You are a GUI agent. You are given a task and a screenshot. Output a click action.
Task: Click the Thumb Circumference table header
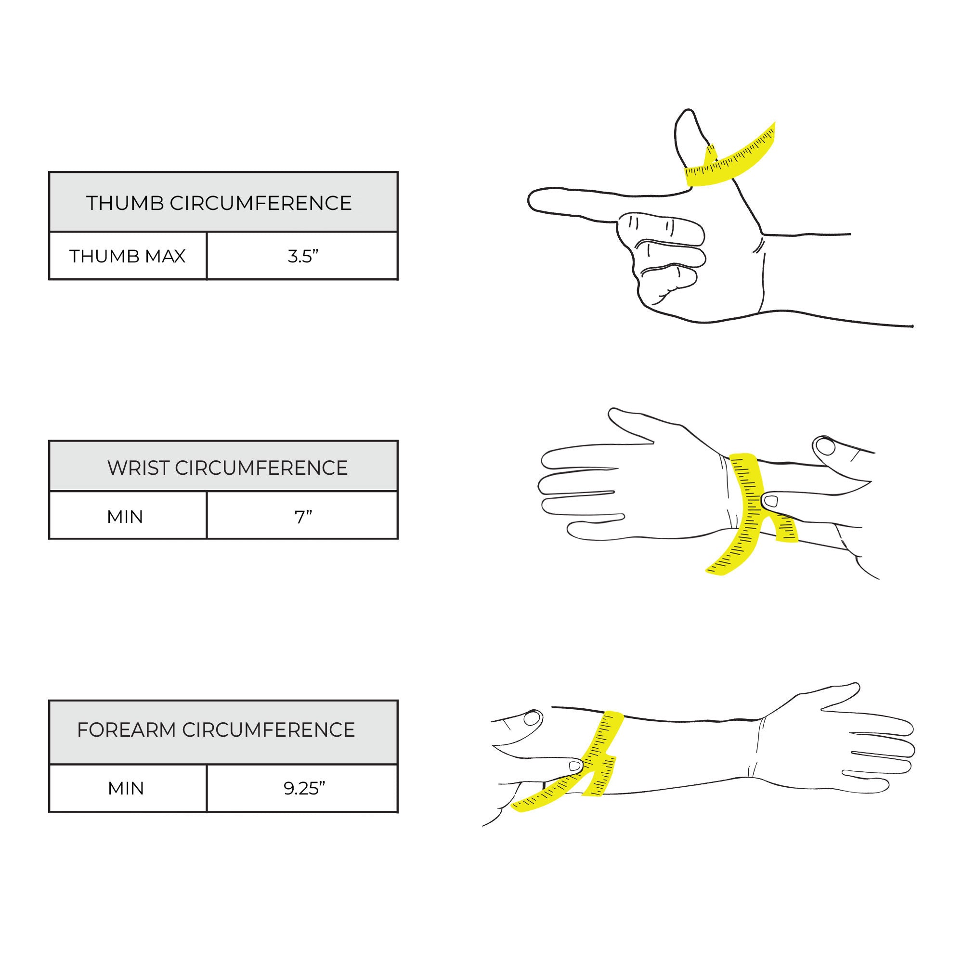pos(223,202)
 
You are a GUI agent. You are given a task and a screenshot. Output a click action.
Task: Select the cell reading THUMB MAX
pos(128,256)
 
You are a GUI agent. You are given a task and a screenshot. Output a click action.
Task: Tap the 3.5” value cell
pos(302,256)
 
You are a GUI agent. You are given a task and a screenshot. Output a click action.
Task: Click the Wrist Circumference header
pos(223,466)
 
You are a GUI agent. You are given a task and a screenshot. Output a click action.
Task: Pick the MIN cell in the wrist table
pos(128,515)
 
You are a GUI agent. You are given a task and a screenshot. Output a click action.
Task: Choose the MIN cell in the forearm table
pos(128,789)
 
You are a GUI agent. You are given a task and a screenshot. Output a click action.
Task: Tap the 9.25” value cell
pos(302,789)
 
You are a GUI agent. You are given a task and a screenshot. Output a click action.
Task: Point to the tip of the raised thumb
pos(688,110)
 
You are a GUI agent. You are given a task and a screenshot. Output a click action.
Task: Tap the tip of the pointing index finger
pos(529,201)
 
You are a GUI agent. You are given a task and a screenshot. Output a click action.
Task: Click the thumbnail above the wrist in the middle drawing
pos(826,447)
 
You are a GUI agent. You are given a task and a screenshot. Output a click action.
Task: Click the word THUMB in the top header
pos(125,203)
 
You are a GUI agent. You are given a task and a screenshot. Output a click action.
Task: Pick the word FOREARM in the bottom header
pos(127,730)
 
